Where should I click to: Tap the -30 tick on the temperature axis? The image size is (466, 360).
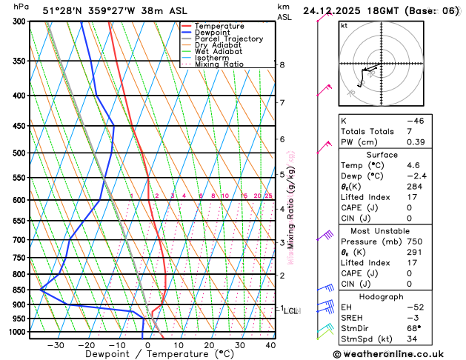[x=56, y=344]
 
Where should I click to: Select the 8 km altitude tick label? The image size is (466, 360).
[x=282, y=65]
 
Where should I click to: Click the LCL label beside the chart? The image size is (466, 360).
[x=290, y=311]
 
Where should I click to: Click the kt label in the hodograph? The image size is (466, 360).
[x=344, y=25]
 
